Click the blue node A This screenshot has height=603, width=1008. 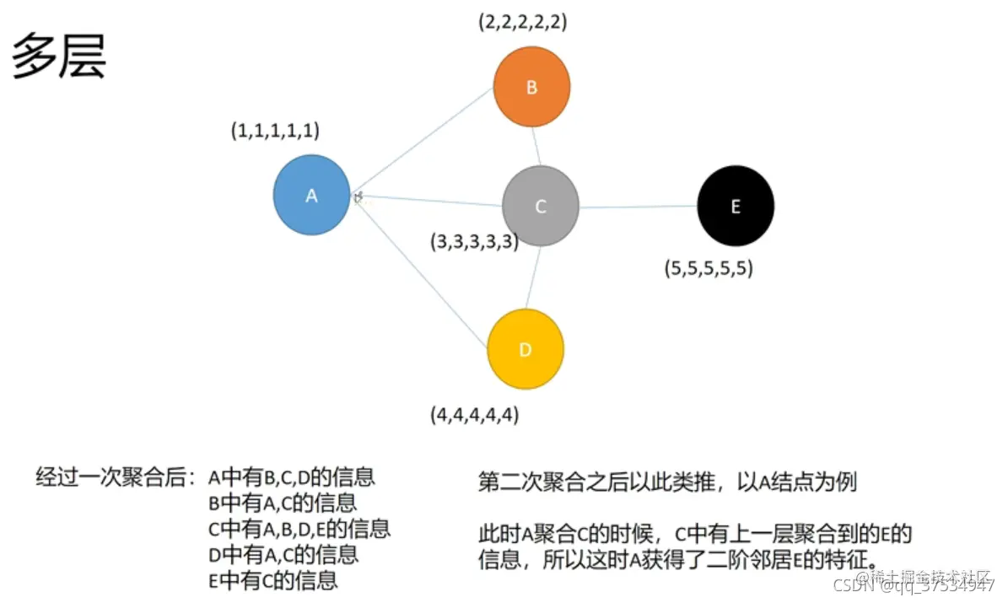coord(311,195)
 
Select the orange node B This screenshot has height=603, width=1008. coord(531,86)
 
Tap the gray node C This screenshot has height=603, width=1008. coord(540,206)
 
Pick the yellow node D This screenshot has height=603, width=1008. coord(525,349)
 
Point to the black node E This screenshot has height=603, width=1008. coord(736,206)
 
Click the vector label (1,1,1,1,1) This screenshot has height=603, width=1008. coord(275,131)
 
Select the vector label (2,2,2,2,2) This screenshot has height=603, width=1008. coord(522,22)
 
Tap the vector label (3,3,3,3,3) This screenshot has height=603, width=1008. coord(474,242)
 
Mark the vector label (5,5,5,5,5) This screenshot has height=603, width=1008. coord(709,270)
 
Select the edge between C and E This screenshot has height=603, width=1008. coord(639,207)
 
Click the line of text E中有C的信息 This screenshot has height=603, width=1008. coord(273,580)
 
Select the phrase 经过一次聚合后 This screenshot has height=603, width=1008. coord(116,477)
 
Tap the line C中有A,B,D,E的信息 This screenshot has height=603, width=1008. coord(299,529)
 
